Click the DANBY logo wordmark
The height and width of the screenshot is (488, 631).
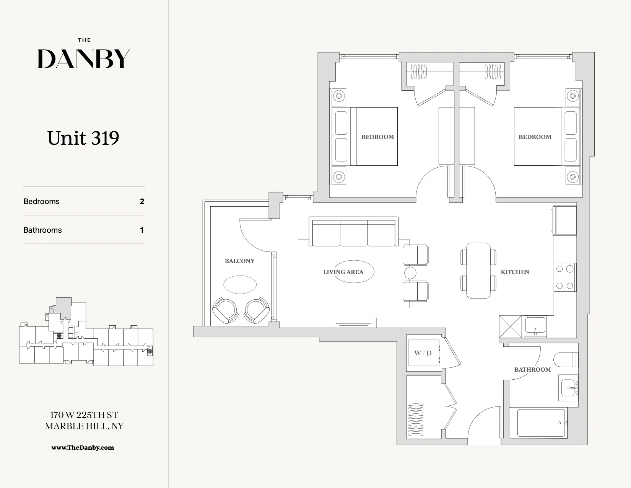tap(84, 59)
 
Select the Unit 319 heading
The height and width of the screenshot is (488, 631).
tap(83, 138)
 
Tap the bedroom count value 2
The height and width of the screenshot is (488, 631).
tap(142, 201)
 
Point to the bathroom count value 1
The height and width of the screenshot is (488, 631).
tap(142, 230)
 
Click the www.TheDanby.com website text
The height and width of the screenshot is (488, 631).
tap(83, 447)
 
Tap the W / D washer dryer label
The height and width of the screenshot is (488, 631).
tap(423, 353)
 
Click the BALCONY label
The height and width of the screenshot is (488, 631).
tap(239, 261)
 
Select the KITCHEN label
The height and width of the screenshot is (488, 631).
tap(515, 272)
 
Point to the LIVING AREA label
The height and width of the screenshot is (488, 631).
tap(343, 272)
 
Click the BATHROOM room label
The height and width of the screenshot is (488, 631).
tap(532, 370)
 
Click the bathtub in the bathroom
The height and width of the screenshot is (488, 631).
tap(541, 423)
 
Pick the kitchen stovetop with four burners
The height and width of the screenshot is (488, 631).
tap(564, 277)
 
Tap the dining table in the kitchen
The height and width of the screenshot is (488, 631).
tap(478, 270)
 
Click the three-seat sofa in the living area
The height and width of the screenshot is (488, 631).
tap(354, 233)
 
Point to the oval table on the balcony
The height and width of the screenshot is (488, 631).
tap(240, 284)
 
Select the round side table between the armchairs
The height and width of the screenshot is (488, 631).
tap(410, 273)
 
